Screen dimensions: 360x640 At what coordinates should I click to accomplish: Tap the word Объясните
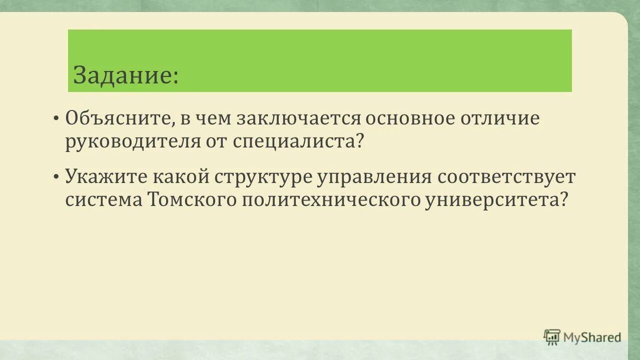[118, 119]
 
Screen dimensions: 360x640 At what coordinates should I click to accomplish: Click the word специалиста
[297, 142]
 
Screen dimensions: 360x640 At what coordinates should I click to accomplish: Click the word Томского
[192, 200]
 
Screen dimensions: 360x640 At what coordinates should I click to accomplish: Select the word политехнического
[331, 200]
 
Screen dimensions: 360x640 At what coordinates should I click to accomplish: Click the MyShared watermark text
[592, 337]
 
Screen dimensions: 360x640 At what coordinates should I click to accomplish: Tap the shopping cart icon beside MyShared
[552, 337]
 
